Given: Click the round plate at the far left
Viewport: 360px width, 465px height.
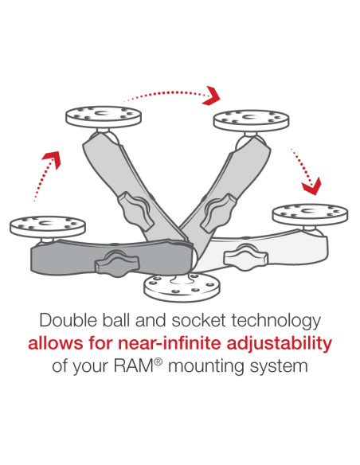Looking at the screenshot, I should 41,225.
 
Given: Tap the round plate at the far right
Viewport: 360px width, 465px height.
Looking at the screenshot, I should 309,213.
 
